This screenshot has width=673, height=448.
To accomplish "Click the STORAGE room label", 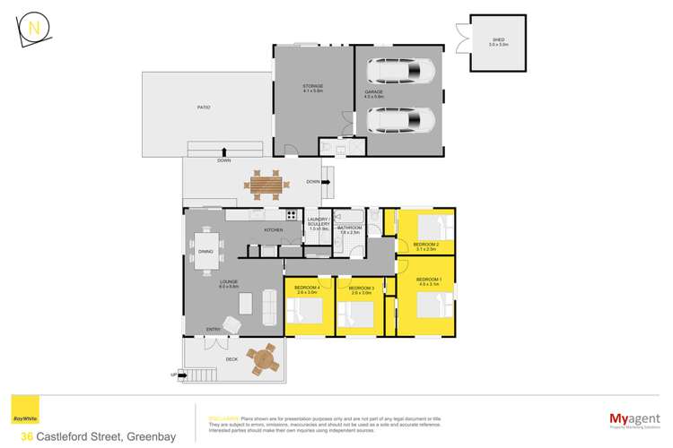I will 312,87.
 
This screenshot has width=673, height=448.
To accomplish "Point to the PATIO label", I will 204,107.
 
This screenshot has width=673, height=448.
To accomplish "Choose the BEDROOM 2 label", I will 425,245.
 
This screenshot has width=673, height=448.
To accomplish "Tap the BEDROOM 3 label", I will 361,288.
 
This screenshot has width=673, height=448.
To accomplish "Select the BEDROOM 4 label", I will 308,288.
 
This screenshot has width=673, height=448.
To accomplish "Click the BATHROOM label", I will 349,228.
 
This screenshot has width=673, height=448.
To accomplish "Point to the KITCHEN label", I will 274,230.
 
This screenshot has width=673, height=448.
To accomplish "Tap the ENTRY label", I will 213,330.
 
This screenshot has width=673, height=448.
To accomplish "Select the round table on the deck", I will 263,359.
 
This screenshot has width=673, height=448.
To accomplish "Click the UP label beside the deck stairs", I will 176,375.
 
